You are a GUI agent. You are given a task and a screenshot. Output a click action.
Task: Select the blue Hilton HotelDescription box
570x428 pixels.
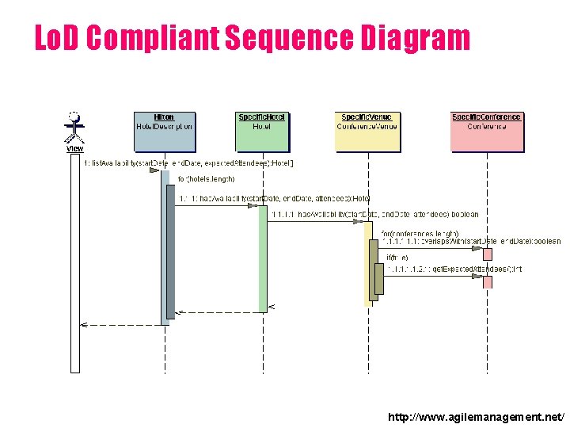tap(164, 131)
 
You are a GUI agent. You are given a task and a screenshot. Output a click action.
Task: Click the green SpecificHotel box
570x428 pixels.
tap(262, 131)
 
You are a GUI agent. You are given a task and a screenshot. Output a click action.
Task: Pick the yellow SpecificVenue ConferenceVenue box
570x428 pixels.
tap(367, 131)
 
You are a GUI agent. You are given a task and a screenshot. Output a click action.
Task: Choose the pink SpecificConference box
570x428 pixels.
tap(486, 131)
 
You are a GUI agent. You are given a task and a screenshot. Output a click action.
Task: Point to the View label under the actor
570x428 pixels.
tap(74, 149)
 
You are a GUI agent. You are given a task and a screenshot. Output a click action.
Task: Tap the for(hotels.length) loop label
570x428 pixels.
tap(206, 179)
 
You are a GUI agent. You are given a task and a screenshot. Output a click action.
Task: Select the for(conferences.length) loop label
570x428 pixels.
tap(420, 233)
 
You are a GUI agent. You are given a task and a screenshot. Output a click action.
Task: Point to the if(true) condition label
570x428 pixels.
tap(397, 258)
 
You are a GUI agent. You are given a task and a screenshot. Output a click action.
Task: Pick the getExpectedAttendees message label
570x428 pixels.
tap(454, 269)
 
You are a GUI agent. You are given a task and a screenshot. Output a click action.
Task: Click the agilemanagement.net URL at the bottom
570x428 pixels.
tap(477, 416)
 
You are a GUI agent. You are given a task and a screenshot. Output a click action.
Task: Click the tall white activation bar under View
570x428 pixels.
tap(74, 262)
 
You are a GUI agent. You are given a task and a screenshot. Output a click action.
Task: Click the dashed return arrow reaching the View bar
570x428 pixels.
tap(119, 324)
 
